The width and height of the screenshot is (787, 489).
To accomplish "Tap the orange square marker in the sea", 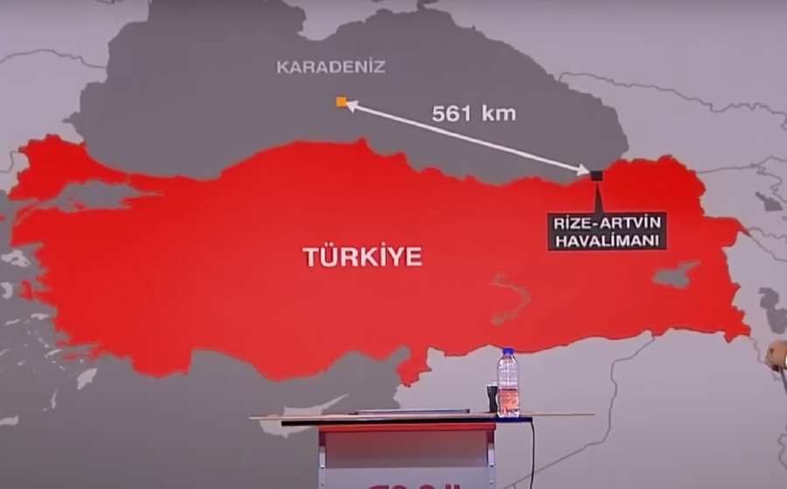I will pos(341,102).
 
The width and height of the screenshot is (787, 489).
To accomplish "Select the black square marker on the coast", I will pos(596,176).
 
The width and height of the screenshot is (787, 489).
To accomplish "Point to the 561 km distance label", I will pos(474,113).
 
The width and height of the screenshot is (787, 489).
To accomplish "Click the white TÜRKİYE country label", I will pos(362,256).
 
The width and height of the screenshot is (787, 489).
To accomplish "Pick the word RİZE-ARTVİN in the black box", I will pos(607,222).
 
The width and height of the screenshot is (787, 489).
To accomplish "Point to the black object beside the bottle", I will pos(492,398).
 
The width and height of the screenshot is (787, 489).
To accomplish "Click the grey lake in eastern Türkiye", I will pos(675,276).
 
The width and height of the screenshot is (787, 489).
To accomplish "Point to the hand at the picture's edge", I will pos(777,354).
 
